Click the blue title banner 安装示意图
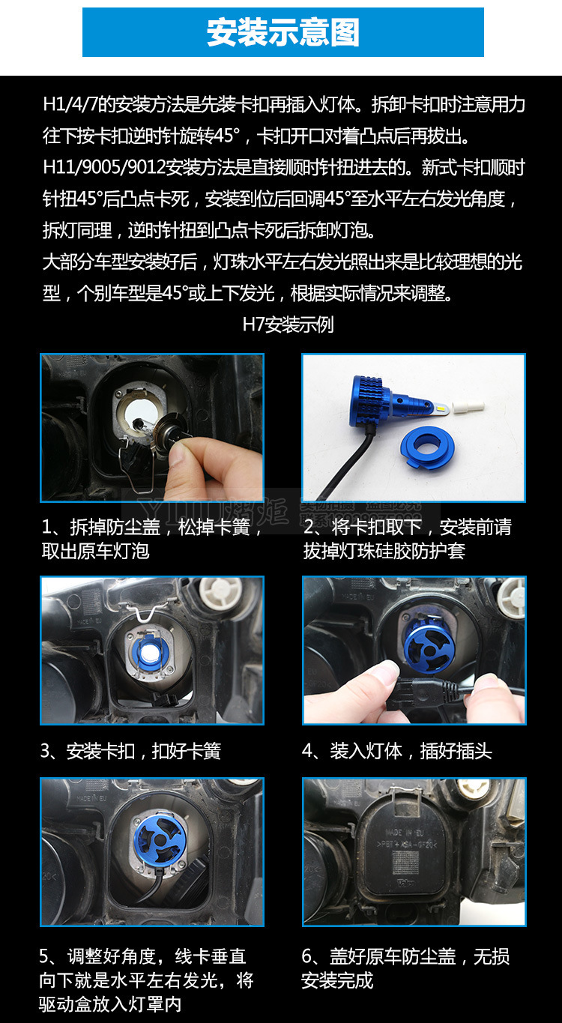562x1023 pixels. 283,32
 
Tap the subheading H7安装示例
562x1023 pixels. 288,325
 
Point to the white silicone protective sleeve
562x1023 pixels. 468,406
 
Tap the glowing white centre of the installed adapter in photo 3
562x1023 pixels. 149,654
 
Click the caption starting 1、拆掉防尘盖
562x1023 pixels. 152,539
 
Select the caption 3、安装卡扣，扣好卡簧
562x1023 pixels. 130,751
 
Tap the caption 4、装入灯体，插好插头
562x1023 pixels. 396,751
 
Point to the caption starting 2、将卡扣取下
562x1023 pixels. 407,539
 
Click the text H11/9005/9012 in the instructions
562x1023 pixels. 104,168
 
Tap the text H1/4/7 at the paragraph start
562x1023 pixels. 70,105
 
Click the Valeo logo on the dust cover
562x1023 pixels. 405,883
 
